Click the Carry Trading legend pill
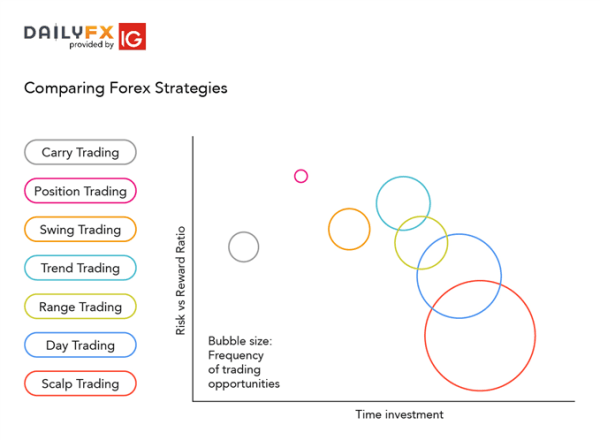pyautogui.click(x=80, y=152)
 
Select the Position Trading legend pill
pyautogui.click(x=80, y=191)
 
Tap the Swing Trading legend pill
pyautogui.click(x=80, y=229)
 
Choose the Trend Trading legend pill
pyautogui.click(x=80, y=268)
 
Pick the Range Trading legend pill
pyautogui.click(x=80, y=307)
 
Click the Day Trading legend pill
pyautogui.click(x=80, y=346)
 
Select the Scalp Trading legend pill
pyautogui.click(x=80, y=384)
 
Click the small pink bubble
pyautogui.click(x=301, y=176)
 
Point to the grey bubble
pyautogui.click(x=244, y=246)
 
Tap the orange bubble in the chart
pyautogui.click(x=349, y=229)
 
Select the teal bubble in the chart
pyautogui.click(x=403, y=203)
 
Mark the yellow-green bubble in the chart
pyautogui.click(x=421, y=242)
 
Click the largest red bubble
pyautogui.click(x=480, y=336)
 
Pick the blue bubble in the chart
pyautogui.click(x=459, y=275)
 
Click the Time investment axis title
pyautogui.click(x=398, y=415)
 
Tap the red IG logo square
pyautogui.click(x=131, y=36)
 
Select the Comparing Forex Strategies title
pyautogui.click(x=125, y=88)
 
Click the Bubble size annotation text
pyautogui.click(x=244, y=362)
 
